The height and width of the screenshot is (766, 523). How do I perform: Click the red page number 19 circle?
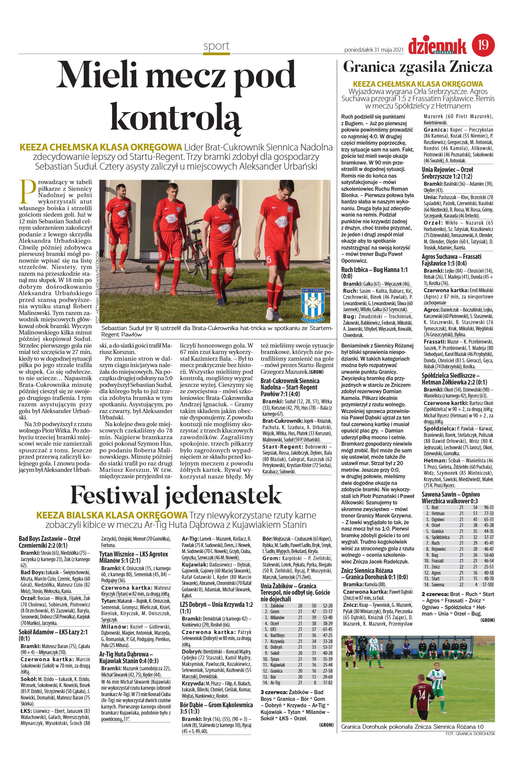pos(483,45)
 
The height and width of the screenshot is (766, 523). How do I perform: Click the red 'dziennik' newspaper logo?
pos(437,46)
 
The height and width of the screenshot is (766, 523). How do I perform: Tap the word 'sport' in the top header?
pos(216,46)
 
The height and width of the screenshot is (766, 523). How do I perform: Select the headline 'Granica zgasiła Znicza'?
pos(418,67)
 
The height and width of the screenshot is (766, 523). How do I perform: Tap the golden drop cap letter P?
pos(28,192)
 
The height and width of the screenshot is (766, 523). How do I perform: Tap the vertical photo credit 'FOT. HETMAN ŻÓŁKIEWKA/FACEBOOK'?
pos(97,287)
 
